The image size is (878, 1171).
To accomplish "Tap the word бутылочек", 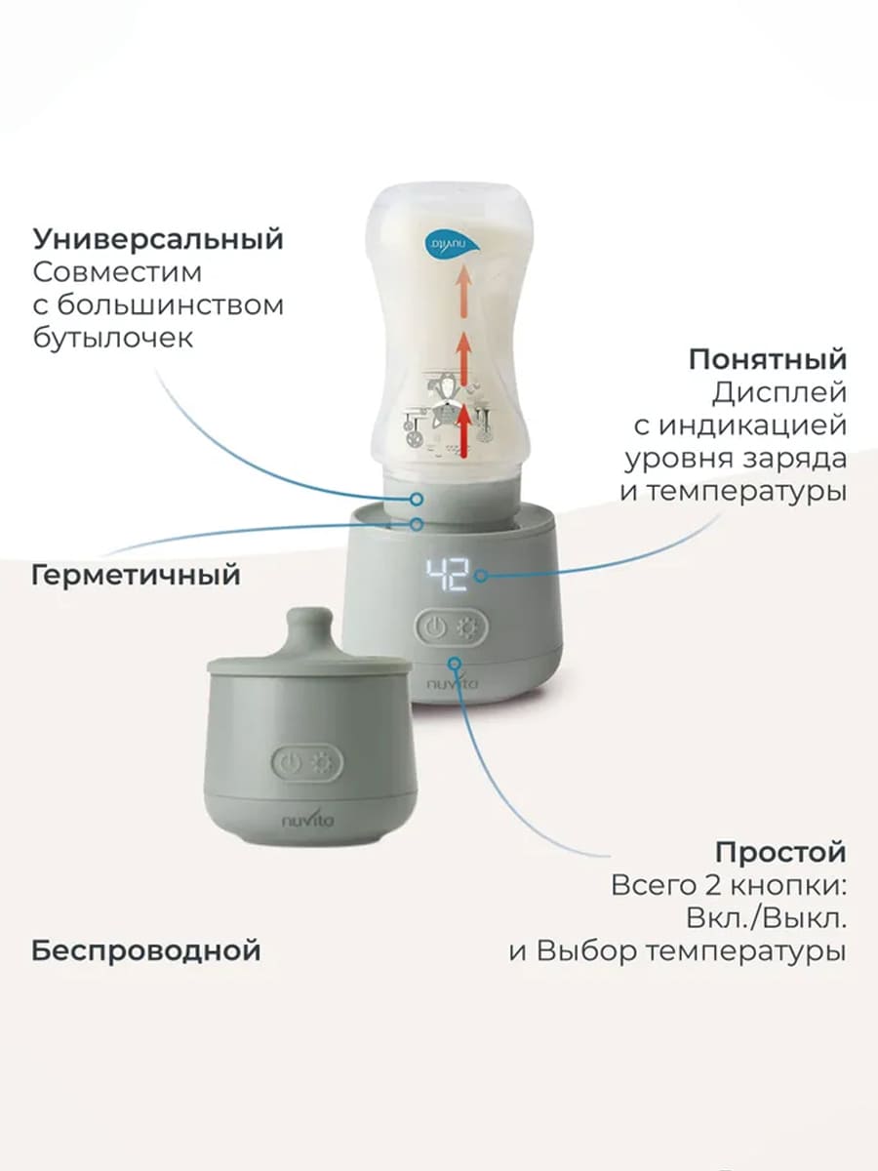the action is (113, 338).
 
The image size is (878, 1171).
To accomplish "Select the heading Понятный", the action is (768, 359).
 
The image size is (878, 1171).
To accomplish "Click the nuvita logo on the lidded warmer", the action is (307, 819).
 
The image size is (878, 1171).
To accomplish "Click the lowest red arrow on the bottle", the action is (464, 430).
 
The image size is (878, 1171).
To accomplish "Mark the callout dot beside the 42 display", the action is (481, 576).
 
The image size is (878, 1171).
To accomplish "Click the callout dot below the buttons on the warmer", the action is (455, 664).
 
